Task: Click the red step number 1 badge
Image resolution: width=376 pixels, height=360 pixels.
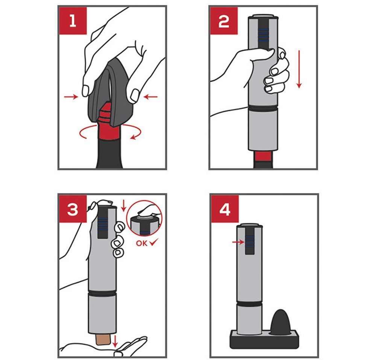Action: tap(73, 21)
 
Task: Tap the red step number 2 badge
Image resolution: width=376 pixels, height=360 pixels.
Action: tap(224, 21)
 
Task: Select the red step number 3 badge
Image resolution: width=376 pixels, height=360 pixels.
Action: tap(73, 209)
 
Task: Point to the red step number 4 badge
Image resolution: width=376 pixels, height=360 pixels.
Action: tap(225, 209)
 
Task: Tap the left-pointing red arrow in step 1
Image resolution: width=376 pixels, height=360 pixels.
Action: tap(151, 97)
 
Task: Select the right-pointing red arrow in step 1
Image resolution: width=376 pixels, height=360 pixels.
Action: tap(71, 97)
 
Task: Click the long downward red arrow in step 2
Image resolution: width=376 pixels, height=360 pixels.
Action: tap(299, 69)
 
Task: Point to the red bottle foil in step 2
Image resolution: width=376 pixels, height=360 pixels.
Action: tap(263, 156)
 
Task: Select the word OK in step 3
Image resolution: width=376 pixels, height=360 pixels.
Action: tap(141, 243)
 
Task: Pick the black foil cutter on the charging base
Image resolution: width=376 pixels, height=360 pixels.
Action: tap(280, 322)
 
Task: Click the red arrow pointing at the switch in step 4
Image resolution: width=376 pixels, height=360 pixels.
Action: tap(238, 242)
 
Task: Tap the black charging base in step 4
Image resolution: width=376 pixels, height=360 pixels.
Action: tap(264, 339)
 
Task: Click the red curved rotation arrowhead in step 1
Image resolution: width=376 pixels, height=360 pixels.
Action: tap(133, 137)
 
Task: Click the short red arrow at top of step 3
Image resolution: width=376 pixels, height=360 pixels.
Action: tap(124, 206)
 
